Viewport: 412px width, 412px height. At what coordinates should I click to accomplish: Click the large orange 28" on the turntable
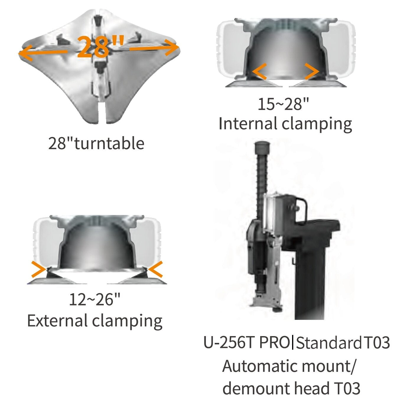100,46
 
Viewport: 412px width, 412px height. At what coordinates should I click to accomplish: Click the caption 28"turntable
96,143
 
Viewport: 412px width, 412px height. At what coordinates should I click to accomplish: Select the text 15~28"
284,105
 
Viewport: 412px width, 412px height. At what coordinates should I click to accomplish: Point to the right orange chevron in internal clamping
312,71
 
